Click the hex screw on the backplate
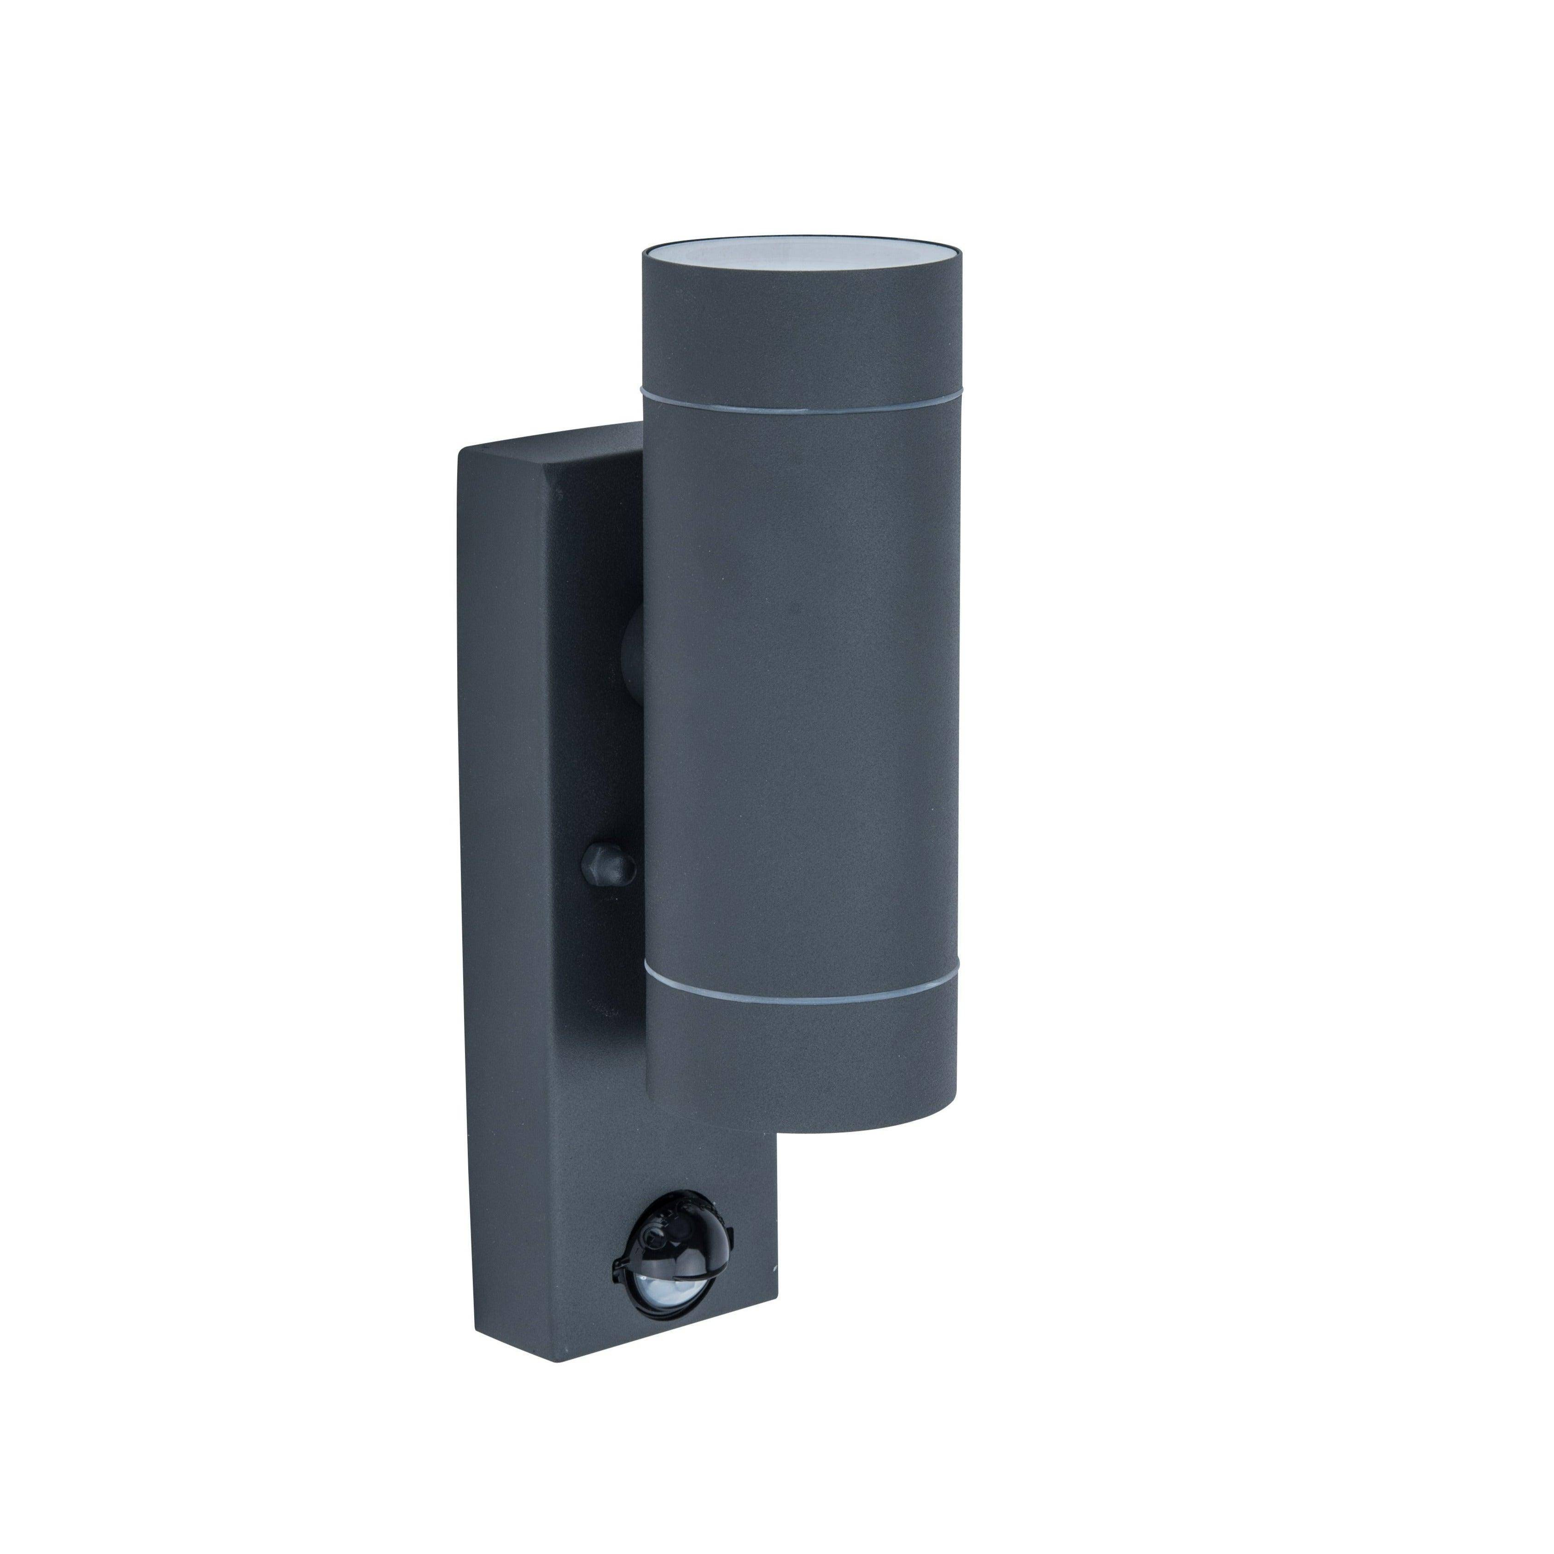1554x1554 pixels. (x=607, y=866)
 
